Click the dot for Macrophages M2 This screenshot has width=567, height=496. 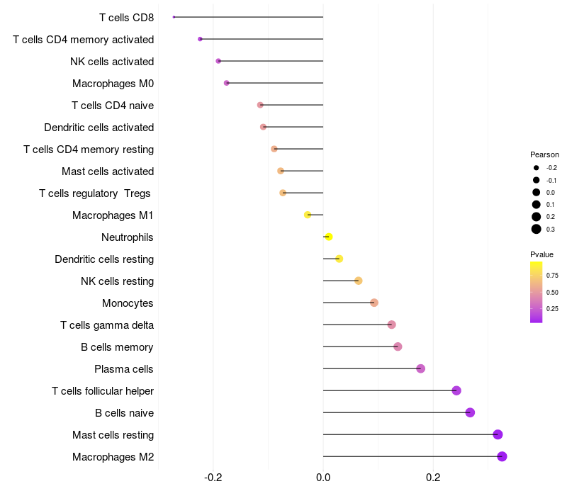(502, 456)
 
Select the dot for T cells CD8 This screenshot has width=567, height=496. (174, 17)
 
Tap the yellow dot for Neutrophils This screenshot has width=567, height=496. (329, 237)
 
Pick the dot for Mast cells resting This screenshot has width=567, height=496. (498, 434)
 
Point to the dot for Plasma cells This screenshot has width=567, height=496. (420, 368)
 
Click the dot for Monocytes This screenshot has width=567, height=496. (374, 303)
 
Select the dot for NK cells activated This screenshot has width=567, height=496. (218, 61)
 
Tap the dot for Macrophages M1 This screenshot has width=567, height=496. (308, 215)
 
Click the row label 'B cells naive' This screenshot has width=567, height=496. (125, 413)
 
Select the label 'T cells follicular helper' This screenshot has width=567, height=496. (103, 391)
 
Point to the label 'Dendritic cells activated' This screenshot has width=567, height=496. (99, 128)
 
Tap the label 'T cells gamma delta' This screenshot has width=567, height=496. (107, 325)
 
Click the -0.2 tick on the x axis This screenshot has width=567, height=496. (213, 478)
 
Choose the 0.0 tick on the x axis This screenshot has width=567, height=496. (323, 478)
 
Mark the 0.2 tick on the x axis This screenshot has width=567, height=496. (433, 478)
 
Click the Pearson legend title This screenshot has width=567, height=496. (544, 154)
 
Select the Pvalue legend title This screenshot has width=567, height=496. (541, 254)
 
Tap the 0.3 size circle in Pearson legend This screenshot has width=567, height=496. (537, 229)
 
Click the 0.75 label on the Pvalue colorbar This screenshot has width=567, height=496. (552, 276)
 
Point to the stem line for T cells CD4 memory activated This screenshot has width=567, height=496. (262, 39)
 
